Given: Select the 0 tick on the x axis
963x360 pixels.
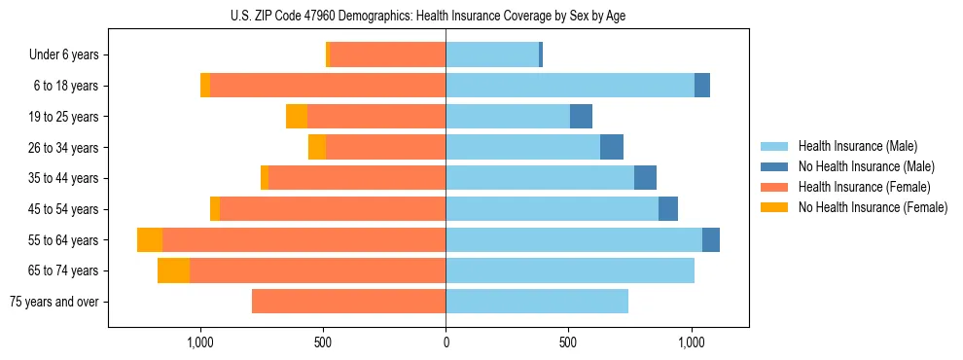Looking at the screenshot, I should pyautogui.click(x=446, y=342).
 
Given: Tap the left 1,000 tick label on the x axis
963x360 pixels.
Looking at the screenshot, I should pyautogui.click(x=199, y=342).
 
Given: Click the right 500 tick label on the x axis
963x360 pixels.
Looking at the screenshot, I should pyautogui.click(x=568, y=342).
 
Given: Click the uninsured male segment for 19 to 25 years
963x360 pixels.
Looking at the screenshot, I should pyautogui.click(x=581, y=117).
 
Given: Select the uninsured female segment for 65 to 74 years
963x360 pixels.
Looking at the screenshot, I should pyautogui.click(x=173, y=270).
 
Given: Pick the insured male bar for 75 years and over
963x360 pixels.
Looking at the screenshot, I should pyautogui.click(x=537, y=302).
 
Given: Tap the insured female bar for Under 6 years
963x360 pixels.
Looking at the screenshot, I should pyautogui.click(x=388, y=55).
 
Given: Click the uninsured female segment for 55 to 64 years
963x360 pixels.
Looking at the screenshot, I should pyautogui.click(x=150, y=240).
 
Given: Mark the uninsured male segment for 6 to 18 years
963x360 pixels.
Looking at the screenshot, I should pyautogui.click(x=702, y=86).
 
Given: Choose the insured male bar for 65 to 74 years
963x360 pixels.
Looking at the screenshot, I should pyautogui.click(x=570, y=270).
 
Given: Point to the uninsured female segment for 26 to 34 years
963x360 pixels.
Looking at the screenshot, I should pyautogui.click(x=317, y=147).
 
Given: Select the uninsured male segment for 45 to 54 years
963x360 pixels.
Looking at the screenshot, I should pyautogui.click(x=668, y=209).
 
